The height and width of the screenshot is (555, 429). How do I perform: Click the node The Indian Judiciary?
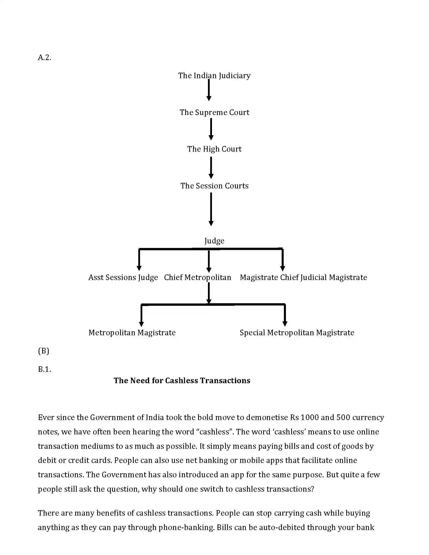214,75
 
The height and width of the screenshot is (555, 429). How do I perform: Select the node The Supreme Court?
214,112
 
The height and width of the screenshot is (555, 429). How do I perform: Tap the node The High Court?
214,149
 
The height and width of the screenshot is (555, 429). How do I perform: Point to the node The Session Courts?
214,186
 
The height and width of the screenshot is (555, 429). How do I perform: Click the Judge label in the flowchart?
214,241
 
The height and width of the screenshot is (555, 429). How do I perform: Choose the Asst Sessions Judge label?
123,277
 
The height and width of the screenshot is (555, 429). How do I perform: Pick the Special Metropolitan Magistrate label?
297,333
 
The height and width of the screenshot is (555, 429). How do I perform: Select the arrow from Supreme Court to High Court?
211,129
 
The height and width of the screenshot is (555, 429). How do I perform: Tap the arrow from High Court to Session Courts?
211,168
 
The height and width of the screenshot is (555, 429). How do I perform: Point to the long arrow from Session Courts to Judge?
211,209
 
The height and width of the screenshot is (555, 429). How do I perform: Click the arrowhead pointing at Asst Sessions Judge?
139,268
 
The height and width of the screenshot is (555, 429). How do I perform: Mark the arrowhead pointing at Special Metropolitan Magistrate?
285,323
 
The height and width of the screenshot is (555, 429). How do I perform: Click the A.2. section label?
44,58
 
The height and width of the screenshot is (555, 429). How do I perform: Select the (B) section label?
43,351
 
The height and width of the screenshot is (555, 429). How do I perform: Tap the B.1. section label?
44,369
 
